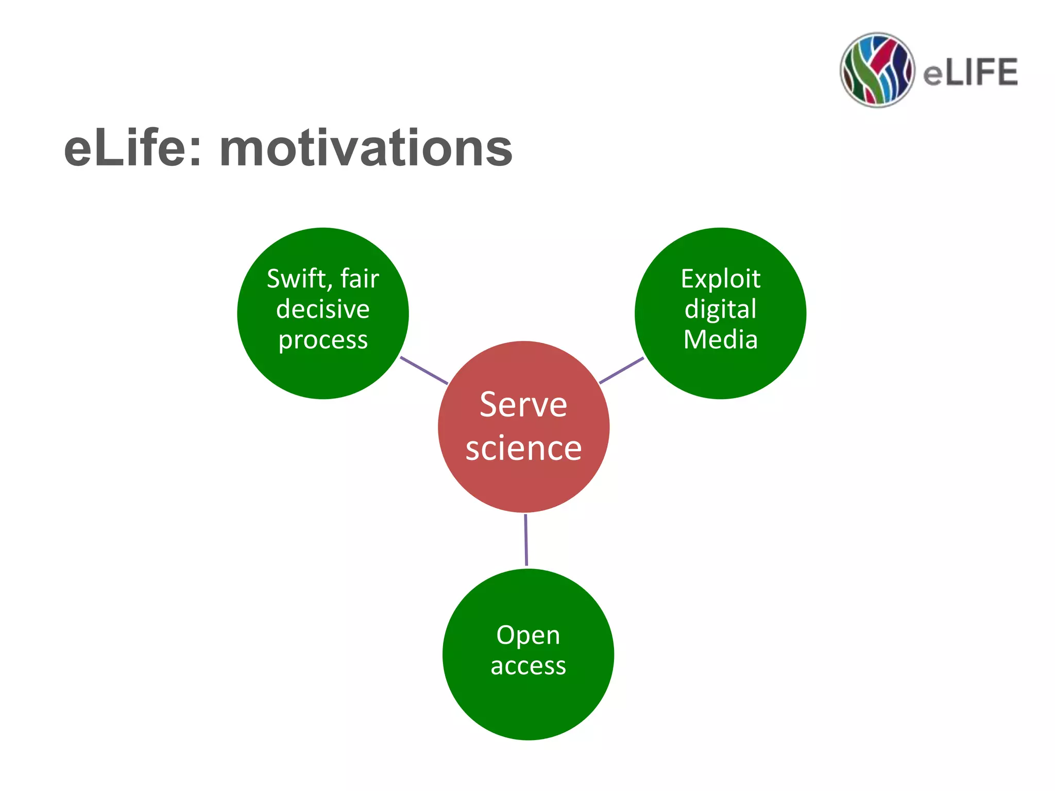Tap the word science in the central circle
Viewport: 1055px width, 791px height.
tap(523, 449)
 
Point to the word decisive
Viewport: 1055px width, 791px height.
tap(323, 309)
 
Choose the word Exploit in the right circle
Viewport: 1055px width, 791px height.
tap(720, 280)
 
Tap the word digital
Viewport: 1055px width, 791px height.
tap(720, 310)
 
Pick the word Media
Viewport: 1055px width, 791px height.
tap(720, 340)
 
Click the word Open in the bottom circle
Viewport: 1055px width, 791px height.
tap(528, 635)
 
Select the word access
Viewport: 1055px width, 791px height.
tap(528, 666)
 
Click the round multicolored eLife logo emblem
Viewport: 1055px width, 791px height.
tap(877, 70)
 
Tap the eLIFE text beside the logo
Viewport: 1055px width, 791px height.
tap(970, 72)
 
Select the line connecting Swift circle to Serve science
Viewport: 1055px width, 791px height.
tap(424, 370)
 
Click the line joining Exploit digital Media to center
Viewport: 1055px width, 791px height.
tap(621, 370)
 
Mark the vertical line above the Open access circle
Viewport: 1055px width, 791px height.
tap(526, 540)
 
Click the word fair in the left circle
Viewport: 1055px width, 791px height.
tap(360, 279)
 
